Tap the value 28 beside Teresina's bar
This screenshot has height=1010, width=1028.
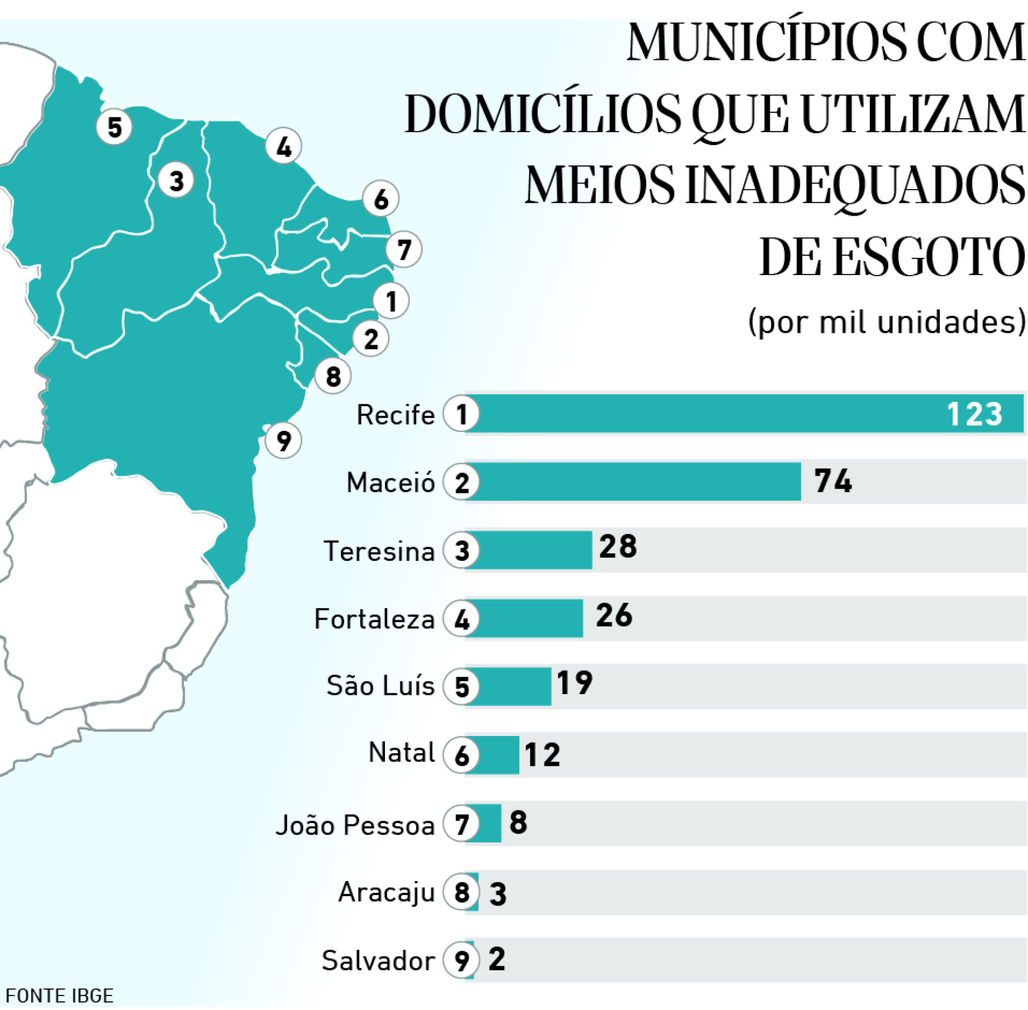point(618,547)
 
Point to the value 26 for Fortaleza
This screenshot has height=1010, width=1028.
point(614,616)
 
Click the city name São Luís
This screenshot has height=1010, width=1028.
point(380,686)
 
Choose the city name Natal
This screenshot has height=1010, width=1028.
point(402,753)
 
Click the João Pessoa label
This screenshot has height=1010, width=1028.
point(355,825)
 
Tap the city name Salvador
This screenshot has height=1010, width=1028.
point(378,961)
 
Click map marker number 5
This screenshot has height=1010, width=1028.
point(114,127)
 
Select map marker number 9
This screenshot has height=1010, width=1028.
point(283,441)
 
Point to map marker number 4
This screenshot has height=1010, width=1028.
point(283,146)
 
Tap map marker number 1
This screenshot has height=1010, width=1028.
point(391,300)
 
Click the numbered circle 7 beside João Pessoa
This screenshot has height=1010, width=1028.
point(462,824)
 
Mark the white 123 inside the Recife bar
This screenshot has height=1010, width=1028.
point(974,414)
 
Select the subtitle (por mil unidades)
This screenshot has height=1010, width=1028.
point(887,322)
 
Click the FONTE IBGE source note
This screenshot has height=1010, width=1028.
point(59,996)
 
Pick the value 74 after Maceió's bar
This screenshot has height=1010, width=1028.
point(833,481)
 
